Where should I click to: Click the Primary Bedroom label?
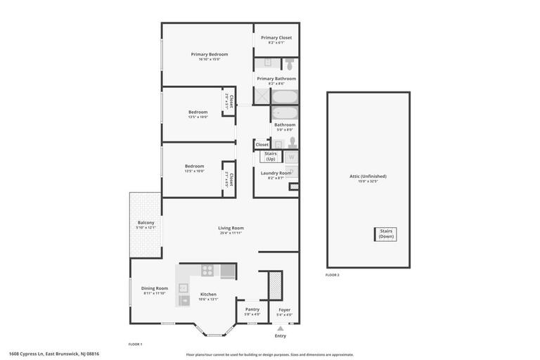click(209, 54)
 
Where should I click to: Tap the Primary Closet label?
click(276, 38)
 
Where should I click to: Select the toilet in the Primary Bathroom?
click(288, 65)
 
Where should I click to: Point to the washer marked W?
click(291, 157)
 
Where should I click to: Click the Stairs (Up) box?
click(271, 156)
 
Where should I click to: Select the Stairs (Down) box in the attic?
click(386, 234)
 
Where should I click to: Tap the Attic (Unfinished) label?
click(368, 176)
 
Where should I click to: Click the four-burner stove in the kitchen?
click(207, 270)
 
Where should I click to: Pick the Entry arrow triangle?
click(281, 328)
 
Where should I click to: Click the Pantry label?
click(252, 309)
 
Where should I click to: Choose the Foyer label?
click(284, 309)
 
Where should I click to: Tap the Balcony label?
click(146, 223)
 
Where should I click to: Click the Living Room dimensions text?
click(231, 233)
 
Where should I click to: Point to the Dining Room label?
click(155, 288)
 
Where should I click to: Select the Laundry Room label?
click(276, 173)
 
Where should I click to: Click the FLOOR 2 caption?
click(333, 275)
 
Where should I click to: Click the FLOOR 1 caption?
click(135, 344)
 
